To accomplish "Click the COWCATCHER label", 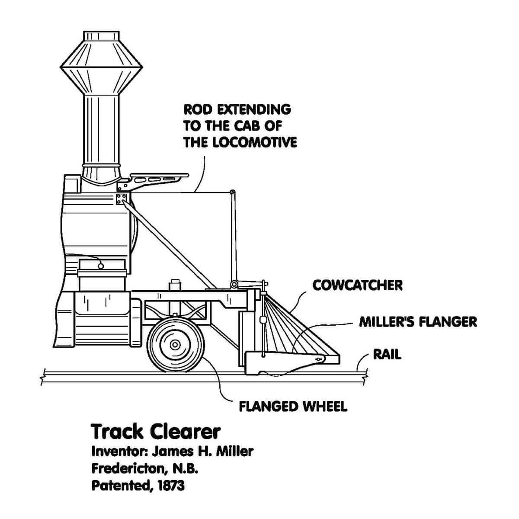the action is tap(357, 285).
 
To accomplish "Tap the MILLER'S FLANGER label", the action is tap(418, 322).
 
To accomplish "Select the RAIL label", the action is tap(387, 355).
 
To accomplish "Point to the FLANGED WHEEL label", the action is tap(293, 407).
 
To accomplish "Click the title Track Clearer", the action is tap(156, 432).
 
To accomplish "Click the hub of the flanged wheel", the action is tap(175, 345).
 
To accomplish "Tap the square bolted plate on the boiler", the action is tap(122, 199).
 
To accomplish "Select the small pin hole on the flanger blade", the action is tap(319, 359).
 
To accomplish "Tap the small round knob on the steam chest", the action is tap(101, 266).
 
